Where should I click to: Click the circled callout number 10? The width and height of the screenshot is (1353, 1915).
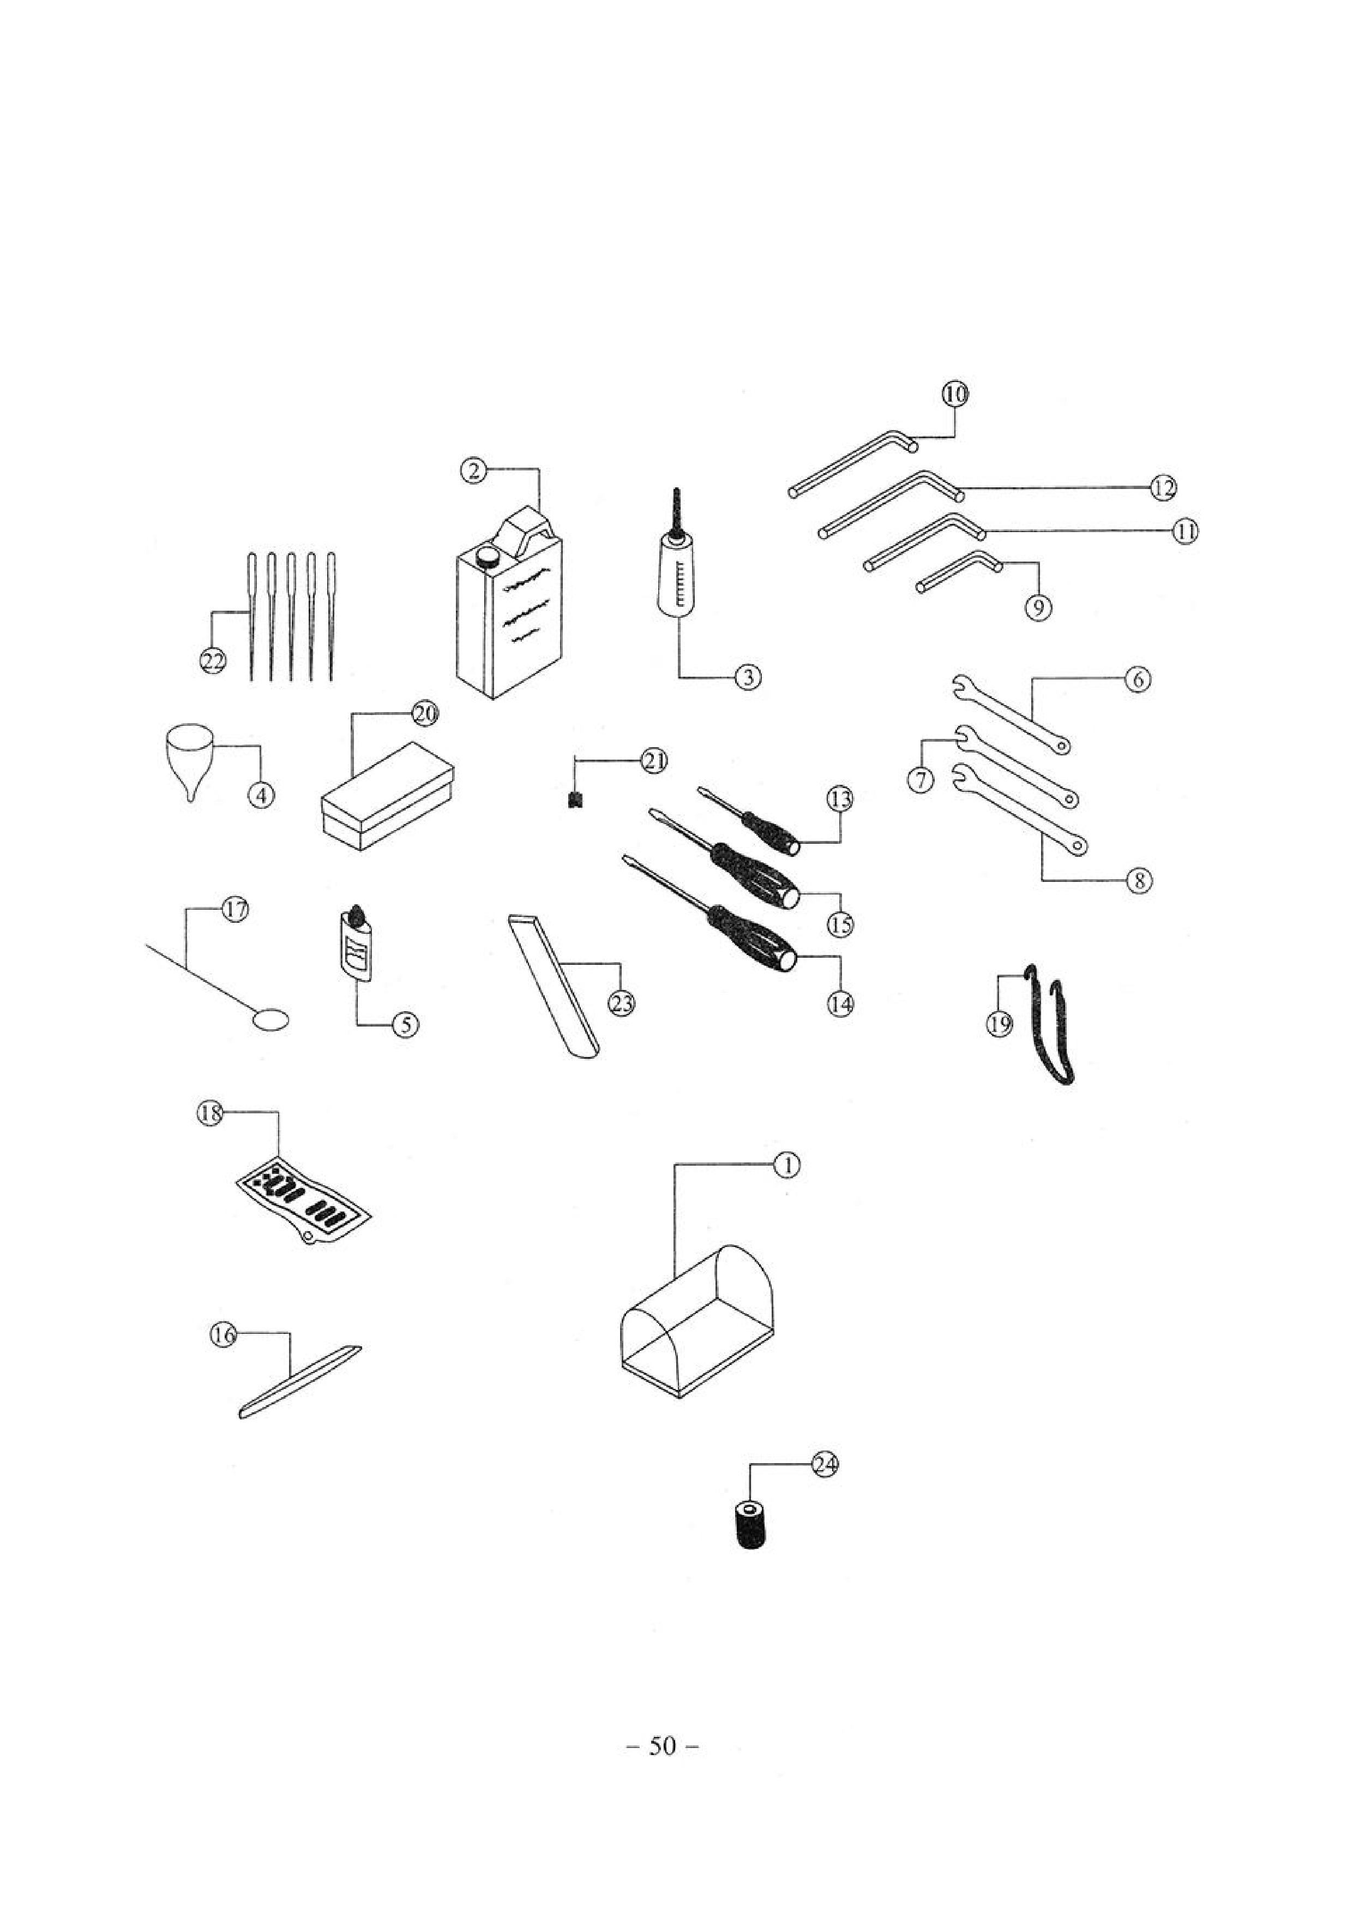tap(955, 393)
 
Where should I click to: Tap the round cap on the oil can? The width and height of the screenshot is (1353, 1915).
tap(487, 554)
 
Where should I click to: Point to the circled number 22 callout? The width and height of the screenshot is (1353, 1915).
tap(213, 661)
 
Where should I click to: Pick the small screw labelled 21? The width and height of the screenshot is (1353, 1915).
tap(574, 800)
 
